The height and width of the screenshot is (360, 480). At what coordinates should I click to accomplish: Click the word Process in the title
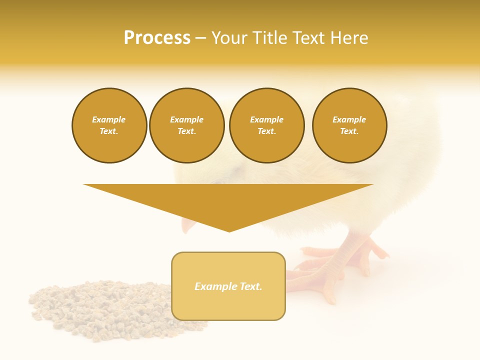click(x=157, y=38)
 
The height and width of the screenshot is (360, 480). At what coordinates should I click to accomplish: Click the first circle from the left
click(x=109, y=125)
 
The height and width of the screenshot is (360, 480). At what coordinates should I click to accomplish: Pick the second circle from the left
click(x=186, y=125)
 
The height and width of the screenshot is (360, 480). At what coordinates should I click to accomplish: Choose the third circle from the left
click(x=266, y=125)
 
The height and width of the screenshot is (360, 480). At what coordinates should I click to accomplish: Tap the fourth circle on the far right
click(x=349, y=125)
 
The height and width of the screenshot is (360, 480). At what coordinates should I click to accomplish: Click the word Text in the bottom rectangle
click(x=250, y=286)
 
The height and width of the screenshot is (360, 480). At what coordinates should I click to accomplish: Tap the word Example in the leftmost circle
click(x=109, y=120)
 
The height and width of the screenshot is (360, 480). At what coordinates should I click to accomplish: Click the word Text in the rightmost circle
click(x=349, y=131)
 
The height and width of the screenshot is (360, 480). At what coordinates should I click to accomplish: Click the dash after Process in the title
click(x=200, y=38)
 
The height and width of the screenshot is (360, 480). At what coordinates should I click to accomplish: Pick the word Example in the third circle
click(x=266, y=120)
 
